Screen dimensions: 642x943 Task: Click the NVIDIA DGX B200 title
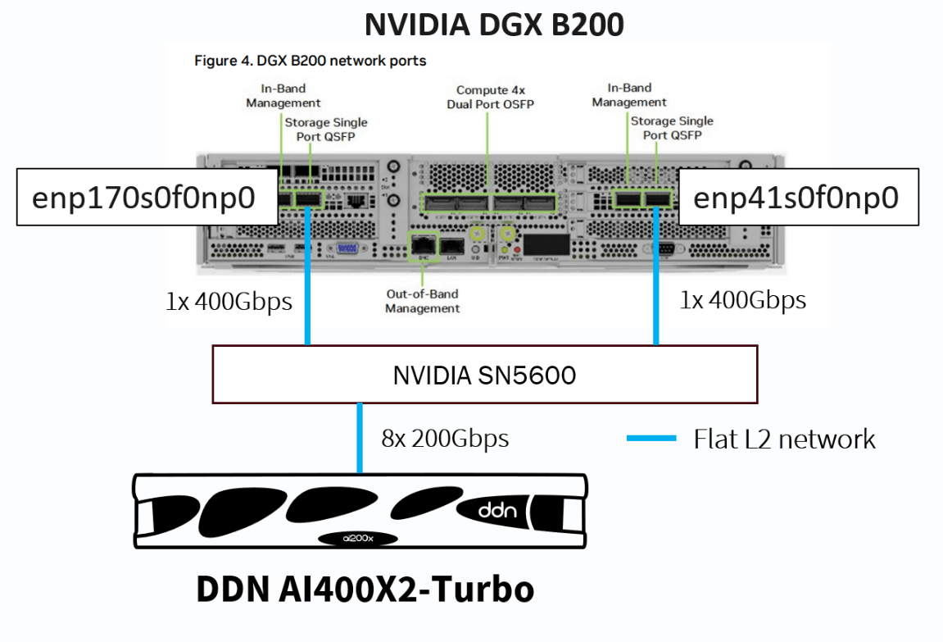pyautogui.click(x=494, y=24)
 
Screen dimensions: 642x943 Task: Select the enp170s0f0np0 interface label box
pyautogui.click(x=146, y=197)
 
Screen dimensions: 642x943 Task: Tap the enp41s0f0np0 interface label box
pyautogui.click(x=798, y=197)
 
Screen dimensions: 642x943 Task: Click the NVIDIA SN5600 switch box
pyautogui.click(x=484, y=375)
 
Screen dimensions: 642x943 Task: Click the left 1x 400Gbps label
pyautogui.click(x=229, y=302)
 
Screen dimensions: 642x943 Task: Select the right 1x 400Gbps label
pyautogui.click(x=742, y=300)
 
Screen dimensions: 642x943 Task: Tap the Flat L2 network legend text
pyautogui.click(x=784, y=439)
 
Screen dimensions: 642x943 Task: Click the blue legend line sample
pyautogui.click(x=651, y=439)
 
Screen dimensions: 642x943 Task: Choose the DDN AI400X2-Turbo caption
pyautogui.click(x=365, y=590)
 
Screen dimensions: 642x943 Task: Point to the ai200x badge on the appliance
pyautogui.click(x=357, y=539)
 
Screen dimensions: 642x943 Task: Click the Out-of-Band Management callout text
pyautogui.click(x=422, y=301)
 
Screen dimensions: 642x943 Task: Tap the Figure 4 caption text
pyautogui.click(x=310, y=61)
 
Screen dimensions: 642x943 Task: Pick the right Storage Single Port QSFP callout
pyautogui.click(x=671, y=128)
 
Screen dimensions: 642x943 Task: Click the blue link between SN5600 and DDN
pyautogui.click(x=359, y=438)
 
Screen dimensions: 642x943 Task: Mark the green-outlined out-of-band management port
pyautogui.click(x=423, y=244)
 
